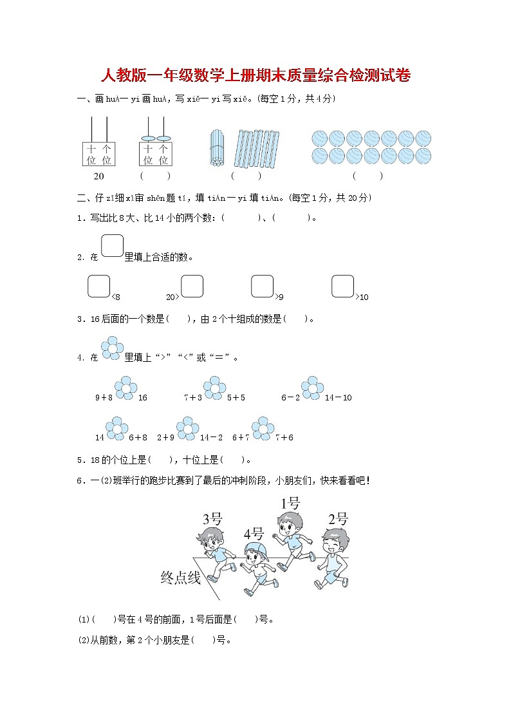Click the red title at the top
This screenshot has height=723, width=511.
pyautogui.click(x=256, y=76)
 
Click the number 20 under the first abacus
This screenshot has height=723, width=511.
pyautogui.click(x=98, y=176)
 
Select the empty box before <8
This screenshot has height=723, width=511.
pyautogui.click(x=98, y=286)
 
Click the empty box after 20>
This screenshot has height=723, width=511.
pyautogui.click(x=192, y=286)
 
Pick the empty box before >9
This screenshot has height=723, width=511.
pyautogui.click(x=262, y=286)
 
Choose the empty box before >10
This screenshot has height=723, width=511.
pyautogui.click(x=343, y=286)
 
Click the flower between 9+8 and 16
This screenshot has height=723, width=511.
pyautogui.click(x=125, y=388)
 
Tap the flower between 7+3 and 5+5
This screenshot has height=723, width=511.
pyautogui.click(x=214, y=388)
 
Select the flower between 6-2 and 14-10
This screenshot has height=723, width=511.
pyautogui.click(x=312, y=388)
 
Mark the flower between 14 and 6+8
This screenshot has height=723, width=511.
pyautogui.click(x=116, y=428)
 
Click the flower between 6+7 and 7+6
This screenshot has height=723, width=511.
pyautogui.click(x=262, y=428)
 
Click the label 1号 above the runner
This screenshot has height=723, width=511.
pyautogui.click(x=290, y=503)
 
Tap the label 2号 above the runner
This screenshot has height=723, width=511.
pyautogui.click(x=338, y=520)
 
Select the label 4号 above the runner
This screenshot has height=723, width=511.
pyautogui.click(x=254, y=534)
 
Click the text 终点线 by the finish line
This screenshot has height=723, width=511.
pyautogui.click(x=180, y=578)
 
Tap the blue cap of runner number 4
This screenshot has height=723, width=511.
pyautogui.click(x=256, y=549)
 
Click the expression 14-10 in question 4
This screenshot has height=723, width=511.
pyautogui.click(x=339, y=398)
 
